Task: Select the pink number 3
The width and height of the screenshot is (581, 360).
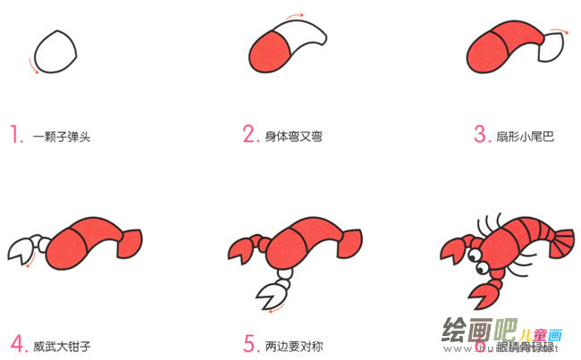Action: click(481, 135)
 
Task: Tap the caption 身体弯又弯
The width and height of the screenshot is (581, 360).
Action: click(293, 138)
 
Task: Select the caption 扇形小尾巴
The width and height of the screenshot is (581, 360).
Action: click(526, 138)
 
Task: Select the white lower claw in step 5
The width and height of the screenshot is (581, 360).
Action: click(271, 294)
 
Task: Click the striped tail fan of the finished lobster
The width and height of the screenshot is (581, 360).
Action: click(561, 242)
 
